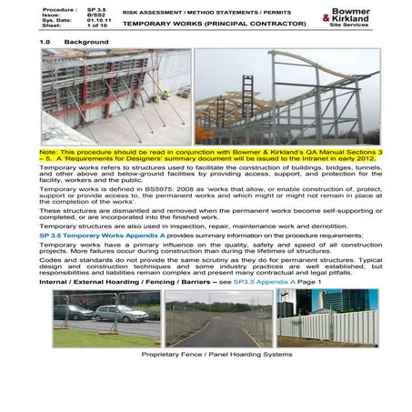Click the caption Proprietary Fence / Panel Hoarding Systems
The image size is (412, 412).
pos(206,356)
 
